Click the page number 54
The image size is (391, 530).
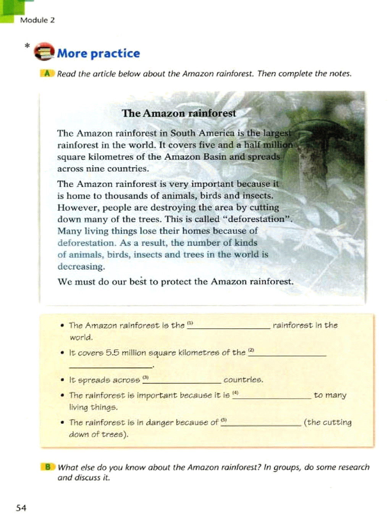tap(21, 508)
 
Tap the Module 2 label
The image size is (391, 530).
tap(37, 20)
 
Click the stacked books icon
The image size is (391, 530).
tap(44, 52)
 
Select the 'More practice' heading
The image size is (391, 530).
tap(99, 53)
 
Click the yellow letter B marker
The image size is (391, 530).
tap(48, 467)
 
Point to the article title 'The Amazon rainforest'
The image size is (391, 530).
tap(179, 113)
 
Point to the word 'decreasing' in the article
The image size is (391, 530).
tap(81, 266)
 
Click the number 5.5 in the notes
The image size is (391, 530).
tap(112, 353)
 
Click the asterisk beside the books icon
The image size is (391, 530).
tap(27, 46)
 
